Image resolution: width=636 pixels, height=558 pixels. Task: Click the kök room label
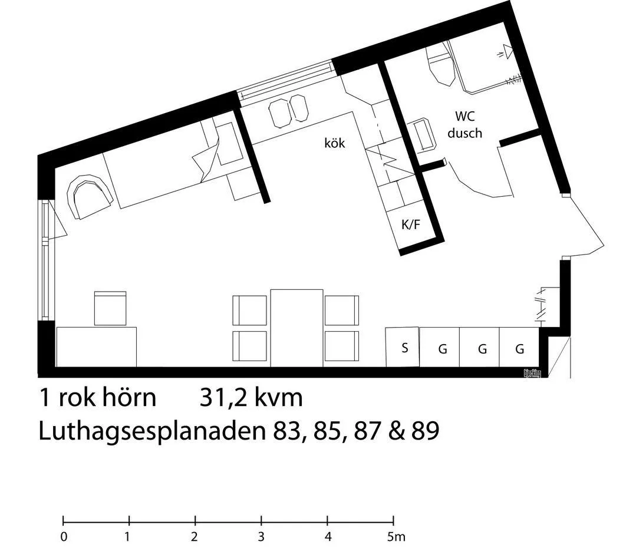point(334,143)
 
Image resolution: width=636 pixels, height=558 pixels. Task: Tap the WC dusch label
point(464,124)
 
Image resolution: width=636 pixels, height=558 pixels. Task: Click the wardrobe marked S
point(404,348)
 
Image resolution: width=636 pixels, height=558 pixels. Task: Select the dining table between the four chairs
point(296,327)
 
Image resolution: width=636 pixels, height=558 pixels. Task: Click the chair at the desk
point(110,308)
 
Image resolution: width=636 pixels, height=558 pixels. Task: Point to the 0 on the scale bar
point(64,537)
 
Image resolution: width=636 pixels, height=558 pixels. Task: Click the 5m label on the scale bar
point(396,537)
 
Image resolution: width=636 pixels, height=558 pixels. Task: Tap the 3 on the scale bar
point(261,537)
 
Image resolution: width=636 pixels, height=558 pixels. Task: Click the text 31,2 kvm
point(251,398)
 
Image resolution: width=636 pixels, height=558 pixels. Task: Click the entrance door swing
point(584,224)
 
